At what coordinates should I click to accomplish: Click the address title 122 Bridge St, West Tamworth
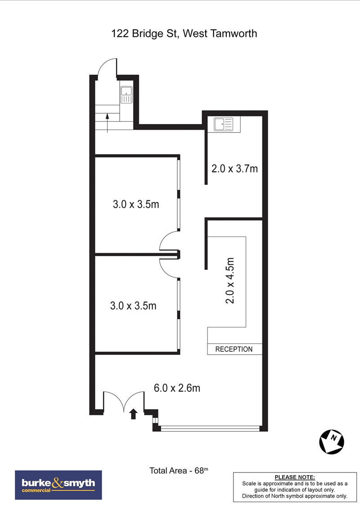184,34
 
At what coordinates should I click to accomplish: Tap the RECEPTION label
234,349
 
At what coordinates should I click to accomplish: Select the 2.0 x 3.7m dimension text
234,169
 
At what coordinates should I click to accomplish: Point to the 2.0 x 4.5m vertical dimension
229,281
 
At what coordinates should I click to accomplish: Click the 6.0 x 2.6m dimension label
177,388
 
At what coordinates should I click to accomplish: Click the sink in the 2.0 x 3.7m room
223,125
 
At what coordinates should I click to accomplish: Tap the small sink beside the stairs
126,94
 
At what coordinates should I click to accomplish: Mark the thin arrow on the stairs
108,123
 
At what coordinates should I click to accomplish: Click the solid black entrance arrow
133,414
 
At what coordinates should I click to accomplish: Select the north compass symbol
331,442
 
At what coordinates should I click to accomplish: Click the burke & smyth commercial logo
58,485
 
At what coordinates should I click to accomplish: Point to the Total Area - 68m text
179,470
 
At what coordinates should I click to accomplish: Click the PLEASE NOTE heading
295,477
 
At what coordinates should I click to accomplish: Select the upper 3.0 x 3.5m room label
136,204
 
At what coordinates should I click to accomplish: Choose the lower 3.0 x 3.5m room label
133,305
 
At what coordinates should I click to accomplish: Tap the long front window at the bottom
210,429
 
